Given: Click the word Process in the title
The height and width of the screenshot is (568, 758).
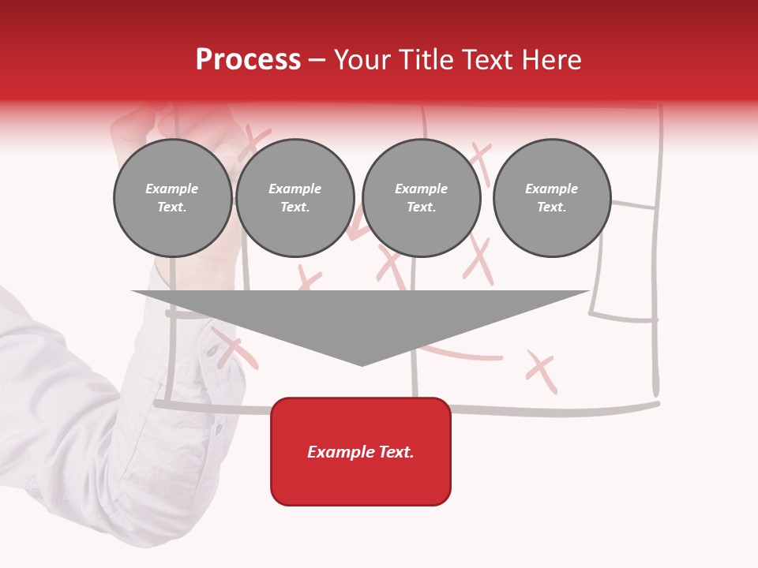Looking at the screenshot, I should [248, 60].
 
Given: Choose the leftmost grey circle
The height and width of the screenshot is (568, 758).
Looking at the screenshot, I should [173, 198].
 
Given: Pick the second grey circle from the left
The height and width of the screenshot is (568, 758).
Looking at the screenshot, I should [295, 198].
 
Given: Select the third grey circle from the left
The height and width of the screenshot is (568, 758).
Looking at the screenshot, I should [422, 198].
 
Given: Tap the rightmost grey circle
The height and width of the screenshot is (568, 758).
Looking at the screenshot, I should [552, 198].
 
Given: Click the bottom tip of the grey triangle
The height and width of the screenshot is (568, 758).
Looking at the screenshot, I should [362, 364].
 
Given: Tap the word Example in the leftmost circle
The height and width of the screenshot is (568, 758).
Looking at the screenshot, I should [172, 189].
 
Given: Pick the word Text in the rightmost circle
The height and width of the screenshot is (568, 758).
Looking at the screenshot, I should [551, 207].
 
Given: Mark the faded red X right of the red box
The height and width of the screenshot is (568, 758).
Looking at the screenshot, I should [542, 372].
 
